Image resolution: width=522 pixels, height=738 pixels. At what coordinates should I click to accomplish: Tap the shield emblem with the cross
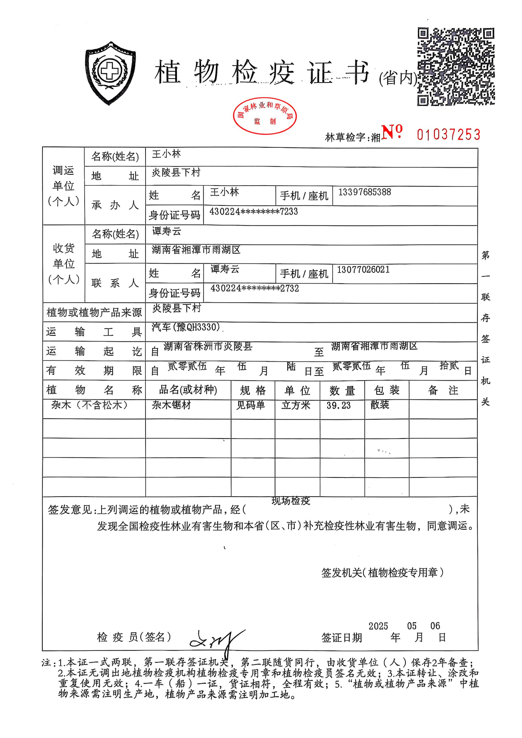110,73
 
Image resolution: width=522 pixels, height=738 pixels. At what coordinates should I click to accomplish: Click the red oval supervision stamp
264,116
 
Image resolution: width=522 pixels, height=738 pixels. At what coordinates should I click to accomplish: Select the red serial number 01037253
448,135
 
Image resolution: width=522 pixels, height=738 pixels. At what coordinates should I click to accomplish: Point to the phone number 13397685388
364,192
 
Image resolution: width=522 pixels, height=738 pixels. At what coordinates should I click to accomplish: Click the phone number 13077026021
363,269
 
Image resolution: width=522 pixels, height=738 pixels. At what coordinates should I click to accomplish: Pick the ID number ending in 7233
254,211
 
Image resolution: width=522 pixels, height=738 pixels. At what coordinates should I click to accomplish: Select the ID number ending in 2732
255,288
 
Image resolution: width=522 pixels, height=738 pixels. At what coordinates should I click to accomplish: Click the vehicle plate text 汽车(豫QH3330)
186,327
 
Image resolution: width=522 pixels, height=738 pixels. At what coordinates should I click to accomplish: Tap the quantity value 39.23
338,405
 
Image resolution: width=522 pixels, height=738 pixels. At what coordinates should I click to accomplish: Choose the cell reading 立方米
296,405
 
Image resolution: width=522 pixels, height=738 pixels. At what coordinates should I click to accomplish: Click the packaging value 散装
380,405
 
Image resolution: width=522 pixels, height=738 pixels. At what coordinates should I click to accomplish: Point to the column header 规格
253,390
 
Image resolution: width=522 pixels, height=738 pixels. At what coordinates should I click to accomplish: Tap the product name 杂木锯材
171,405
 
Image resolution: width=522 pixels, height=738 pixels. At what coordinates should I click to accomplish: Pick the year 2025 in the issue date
378,626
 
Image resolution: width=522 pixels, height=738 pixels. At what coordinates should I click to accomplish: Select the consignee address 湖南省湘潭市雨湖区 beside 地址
196,250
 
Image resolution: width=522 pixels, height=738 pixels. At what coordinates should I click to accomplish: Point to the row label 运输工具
94,332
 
